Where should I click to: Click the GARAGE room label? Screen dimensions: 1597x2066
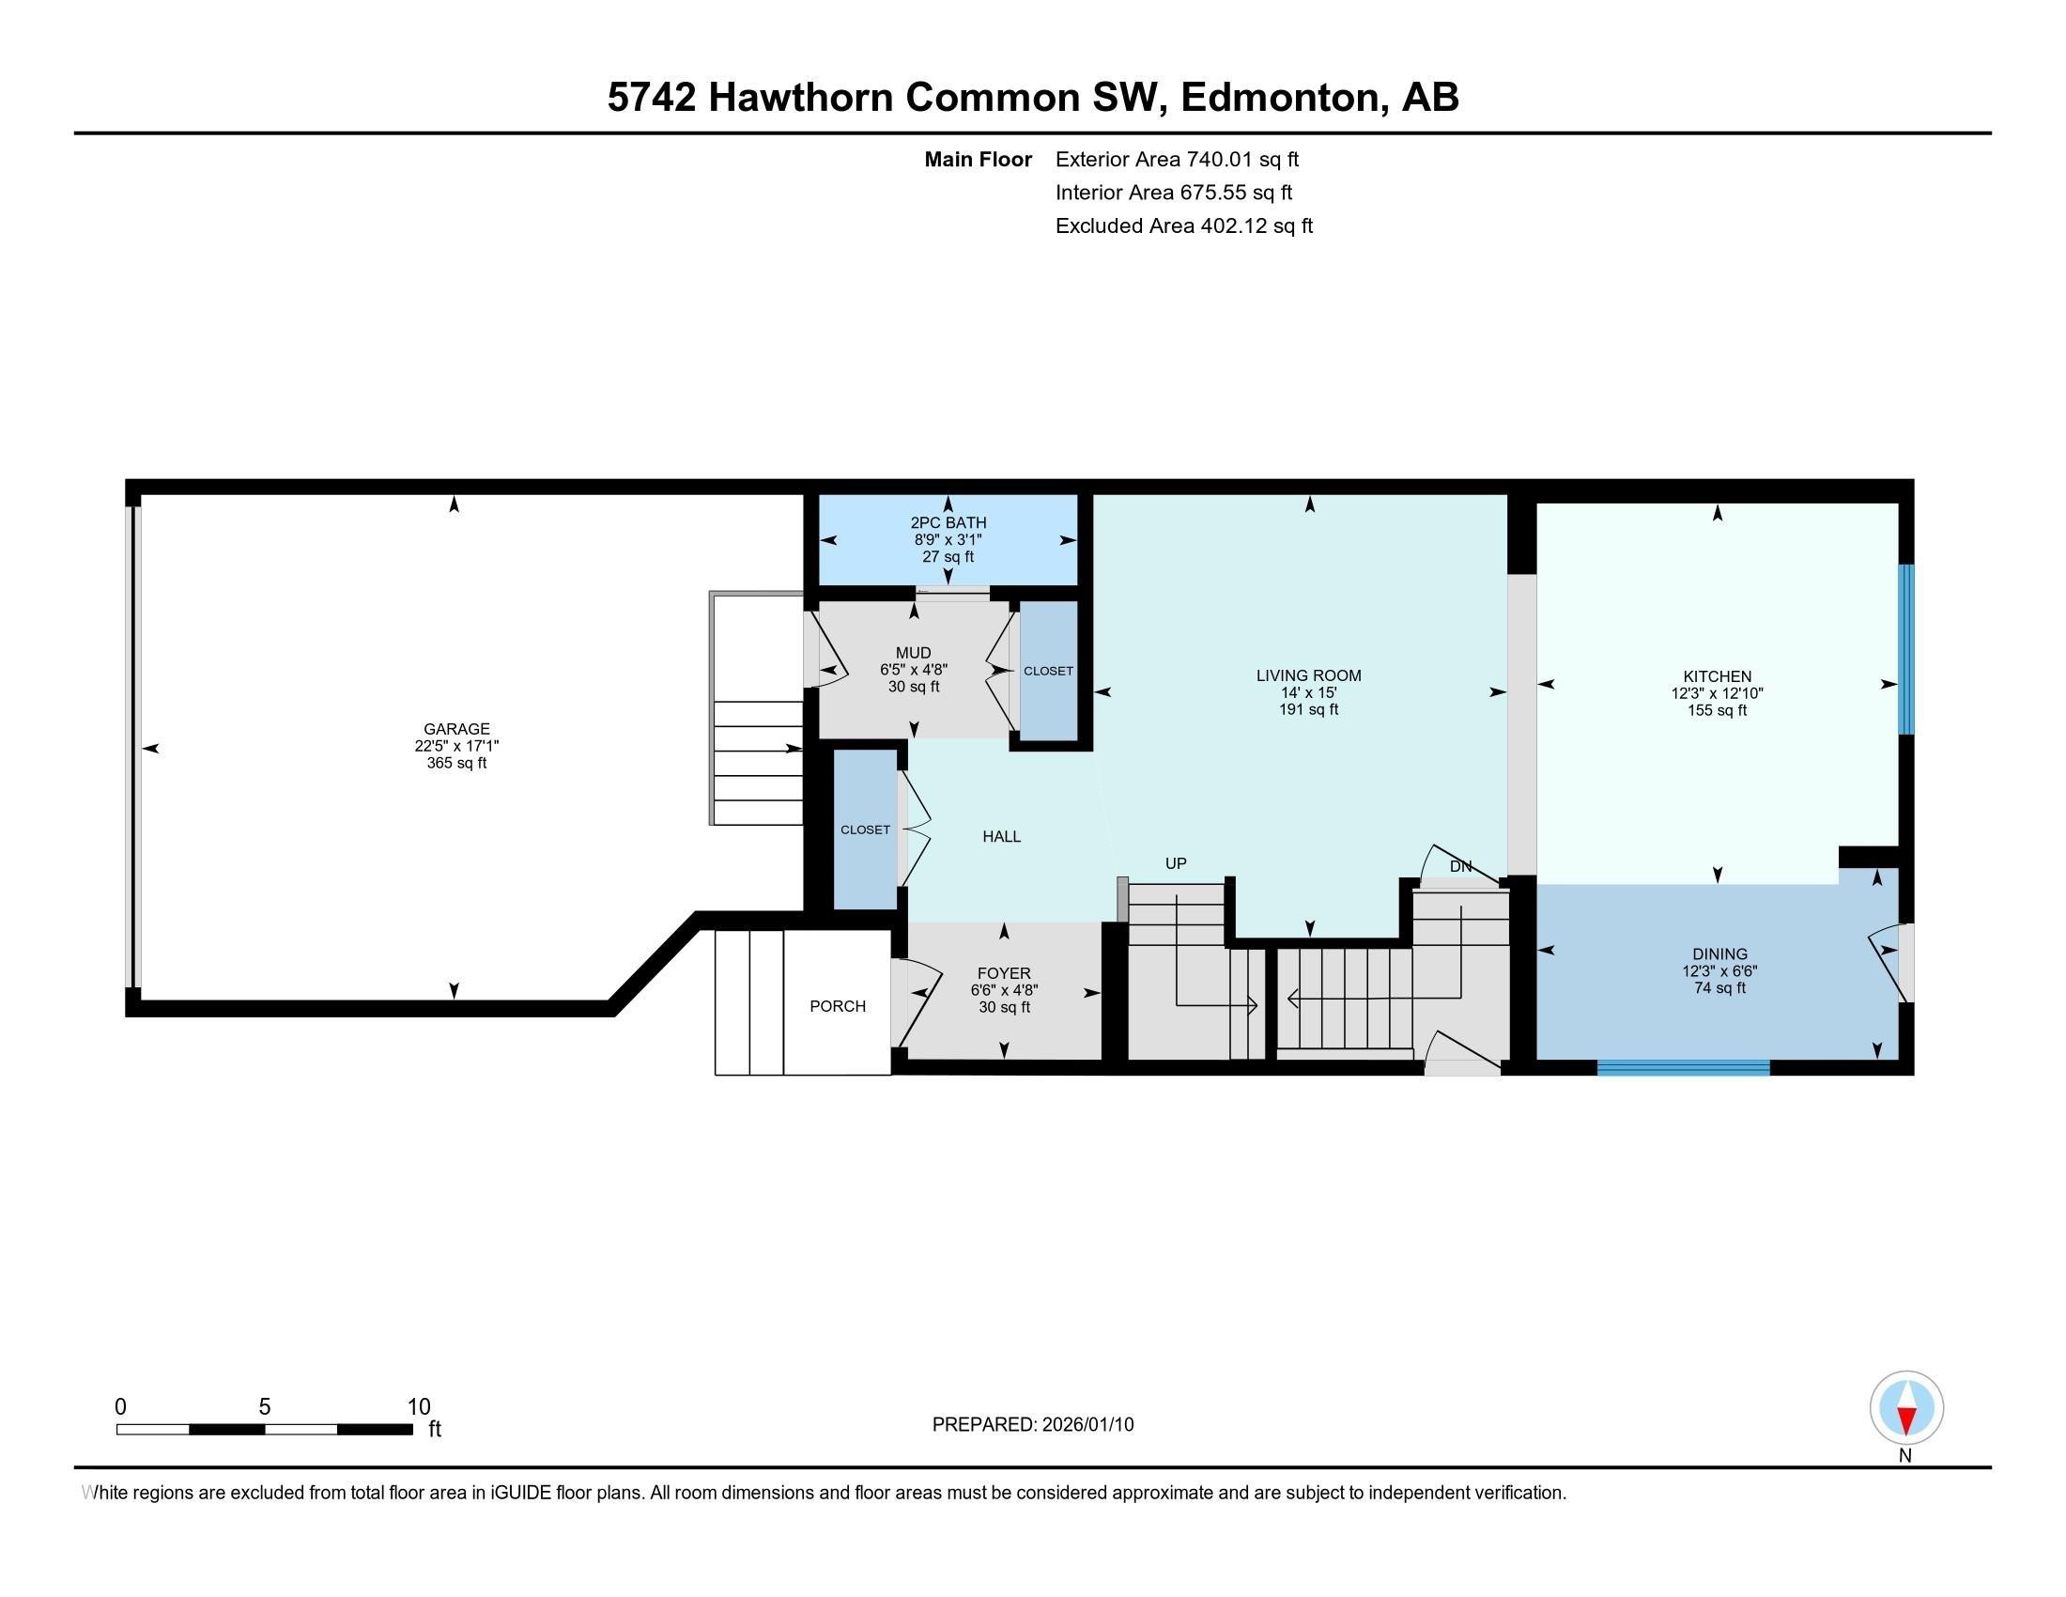tap(456, 728)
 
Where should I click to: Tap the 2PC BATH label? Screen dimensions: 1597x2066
tap(948, 522)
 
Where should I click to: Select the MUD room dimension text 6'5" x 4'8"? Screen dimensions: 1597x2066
tap(913, 669)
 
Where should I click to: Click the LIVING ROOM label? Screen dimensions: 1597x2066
tap(1308, 675)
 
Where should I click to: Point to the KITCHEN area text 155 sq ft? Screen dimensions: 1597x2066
tap(1717, 710)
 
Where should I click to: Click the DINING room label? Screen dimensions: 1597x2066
tap(1719, 954)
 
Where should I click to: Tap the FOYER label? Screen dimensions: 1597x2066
tap(1004, 972)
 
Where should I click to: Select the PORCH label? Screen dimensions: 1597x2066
tap(837, 1006)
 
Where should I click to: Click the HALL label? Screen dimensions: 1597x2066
tap(1001, 836)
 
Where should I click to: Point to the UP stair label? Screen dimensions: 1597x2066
tap(1175, 862)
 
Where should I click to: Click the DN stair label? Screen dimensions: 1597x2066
tap(1460, 866)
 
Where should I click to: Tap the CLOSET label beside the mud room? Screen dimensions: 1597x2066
tap(1048, 671)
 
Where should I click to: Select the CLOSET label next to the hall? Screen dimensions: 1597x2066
tap(865, 830)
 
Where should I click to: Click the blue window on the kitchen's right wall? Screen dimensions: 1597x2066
tap(1906, 649)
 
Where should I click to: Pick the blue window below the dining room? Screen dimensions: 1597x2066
tap(1683, 1068)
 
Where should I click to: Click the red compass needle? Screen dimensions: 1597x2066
tap(1906, 1420)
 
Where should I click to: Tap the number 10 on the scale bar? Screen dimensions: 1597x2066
tap(418, 1407)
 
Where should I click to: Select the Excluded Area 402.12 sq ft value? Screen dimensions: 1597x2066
tap(1257, 226)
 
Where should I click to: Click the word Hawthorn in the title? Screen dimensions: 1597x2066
tap(799, 98)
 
